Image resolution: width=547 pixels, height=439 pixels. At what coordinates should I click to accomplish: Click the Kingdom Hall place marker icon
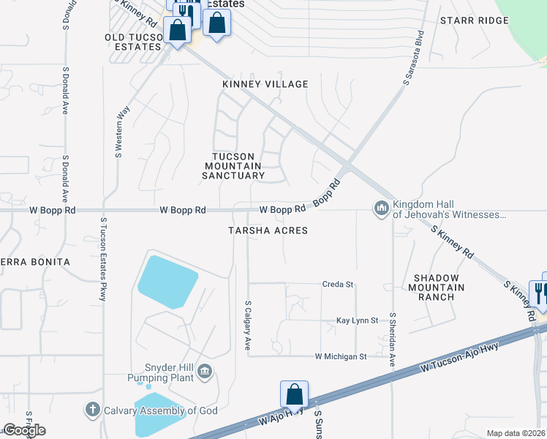pos(381,209)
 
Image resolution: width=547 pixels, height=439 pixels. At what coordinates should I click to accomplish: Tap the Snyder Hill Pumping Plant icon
pos(205,372)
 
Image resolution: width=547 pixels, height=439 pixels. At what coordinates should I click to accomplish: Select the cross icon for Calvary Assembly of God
pos(93,410)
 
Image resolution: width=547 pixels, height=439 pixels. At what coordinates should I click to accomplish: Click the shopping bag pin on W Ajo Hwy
pos(294,395)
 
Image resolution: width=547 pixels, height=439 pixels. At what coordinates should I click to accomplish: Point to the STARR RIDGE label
pos(474,20)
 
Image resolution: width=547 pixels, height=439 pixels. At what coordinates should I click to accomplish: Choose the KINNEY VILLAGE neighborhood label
pos(265,84)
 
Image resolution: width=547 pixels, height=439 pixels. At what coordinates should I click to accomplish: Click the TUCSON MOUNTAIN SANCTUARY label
pos(233,166)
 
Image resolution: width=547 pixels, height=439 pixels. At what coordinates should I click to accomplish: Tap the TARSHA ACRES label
pos(267,230)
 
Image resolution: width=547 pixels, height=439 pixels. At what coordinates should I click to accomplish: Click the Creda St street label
pos(338,284)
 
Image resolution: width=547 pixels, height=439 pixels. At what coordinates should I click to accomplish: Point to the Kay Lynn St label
pos(357,320)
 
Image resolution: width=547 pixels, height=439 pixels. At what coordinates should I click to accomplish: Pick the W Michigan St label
pos(340,356)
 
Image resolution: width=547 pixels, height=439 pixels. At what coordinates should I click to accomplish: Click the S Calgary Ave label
pos(249,323)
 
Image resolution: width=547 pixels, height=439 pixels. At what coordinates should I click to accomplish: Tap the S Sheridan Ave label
pos(393,339)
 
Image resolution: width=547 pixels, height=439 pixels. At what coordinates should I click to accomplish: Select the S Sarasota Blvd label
pos(413,59)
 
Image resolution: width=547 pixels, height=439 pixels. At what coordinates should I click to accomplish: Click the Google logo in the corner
pos(24,430)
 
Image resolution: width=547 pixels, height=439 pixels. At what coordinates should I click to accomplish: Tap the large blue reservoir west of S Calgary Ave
pos(167,282)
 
